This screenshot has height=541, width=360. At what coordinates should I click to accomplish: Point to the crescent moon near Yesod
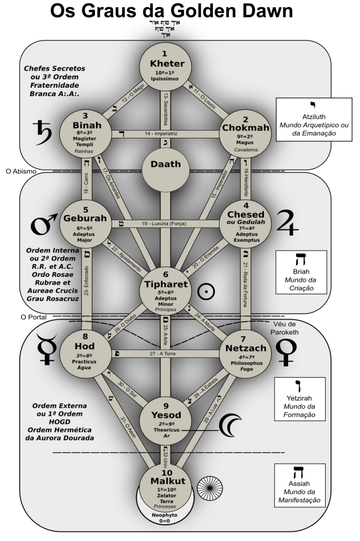(x=232, y=423)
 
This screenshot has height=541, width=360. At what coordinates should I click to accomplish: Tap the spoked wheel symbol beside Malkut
(x=207, y=484)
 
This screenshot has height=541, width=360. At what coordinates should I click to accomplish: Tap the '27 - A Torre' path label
(x=165, y=354)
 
